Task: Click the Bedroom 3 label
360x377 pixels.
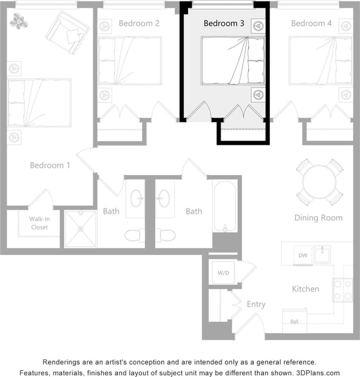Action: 223,24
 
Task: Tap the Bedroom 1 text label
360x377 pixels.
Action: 50,165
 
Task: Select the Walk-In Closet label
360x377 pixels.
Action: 39,223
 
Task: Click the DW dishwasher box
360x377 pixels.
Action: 303,256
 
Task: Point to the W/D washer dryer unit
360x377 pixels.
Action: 223,273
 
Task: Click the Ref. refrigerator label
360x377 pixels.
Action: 295,322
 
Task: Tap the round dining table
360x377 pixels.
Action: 320,182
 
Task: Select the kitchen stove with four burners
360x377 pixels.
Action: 343,290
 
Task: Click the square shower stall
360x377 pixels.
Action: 80,229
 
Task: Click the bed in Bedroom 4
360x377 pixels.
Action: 320,61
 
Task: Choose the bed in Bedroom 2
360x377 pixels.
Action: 130,61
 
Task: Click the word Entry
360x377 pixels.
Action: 256,304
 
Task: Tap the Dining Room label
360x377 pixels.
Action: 318,218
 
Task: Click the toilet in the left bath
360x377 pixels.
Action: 135,236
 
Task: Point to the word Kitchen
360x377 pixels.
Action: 305,289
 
